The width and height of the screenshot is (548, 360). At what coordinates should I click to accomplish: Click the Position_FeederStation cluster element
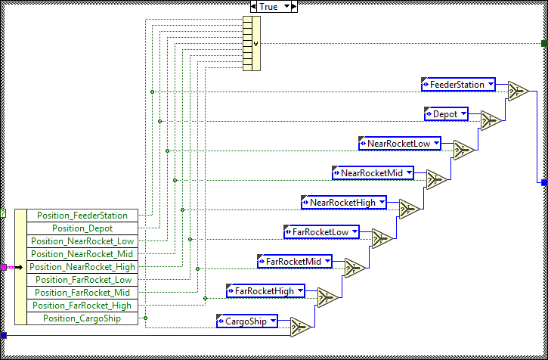tap(82, 216)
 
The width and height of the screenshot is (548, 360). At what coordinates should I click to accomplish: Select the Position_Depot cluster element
tap(82, 228)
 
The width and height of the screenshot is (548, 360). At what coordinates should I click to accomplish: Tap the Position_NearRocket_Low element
tap(82, 241)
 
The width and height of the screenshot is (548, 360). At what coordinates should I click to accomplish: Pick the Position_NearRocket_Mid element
tap(82, 254)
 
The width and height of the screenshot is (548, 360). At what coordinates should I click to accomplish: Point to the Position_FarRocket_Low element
tap(82, 280)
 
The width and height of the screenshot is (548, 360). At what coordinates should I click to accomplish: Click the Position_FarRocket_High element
tap(82, 306)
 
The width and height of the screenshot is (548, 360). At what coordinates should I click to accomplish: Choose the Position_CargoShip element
tap(82, 318)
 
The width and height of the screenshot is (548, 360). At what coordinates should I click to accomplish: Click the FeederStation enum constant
tap(457, 85)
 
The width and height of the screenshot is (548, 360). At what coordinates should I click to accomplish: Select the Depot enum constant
tap(446, 114)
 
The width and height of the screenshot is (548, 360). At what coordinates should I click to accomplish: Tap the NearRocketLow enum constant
tap(399, 144)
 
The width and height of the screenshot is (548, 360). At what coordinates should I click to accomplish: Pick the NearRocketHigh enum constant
tap(343, 203)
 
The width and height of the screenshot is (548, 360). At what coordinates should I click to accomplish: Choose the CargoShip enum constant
tap(246, 321)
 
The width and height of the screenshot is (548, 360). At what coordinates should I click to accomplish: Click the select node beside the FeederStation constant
tap(518, 91)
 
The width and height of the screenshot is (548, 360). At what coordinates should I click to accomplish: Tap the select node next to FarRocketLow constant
tap(382, 238)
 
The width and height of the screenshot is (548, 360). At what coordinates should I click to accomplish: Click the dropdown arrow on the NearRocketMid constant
tap(410, 173)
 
